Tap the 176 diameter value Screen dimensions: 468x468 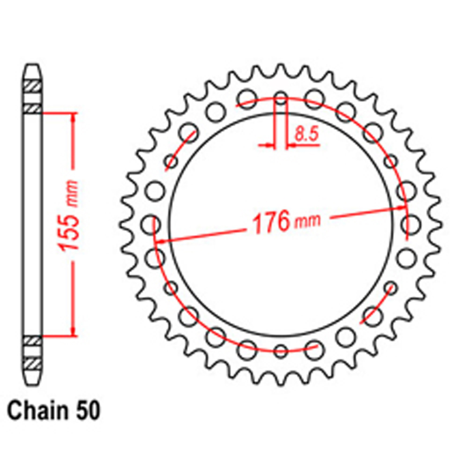(x=271, y=222)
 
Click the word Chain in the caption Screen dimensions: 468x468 (x=37, y=411)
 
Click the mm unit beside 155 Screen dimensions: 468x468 (x=72, y=194)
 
